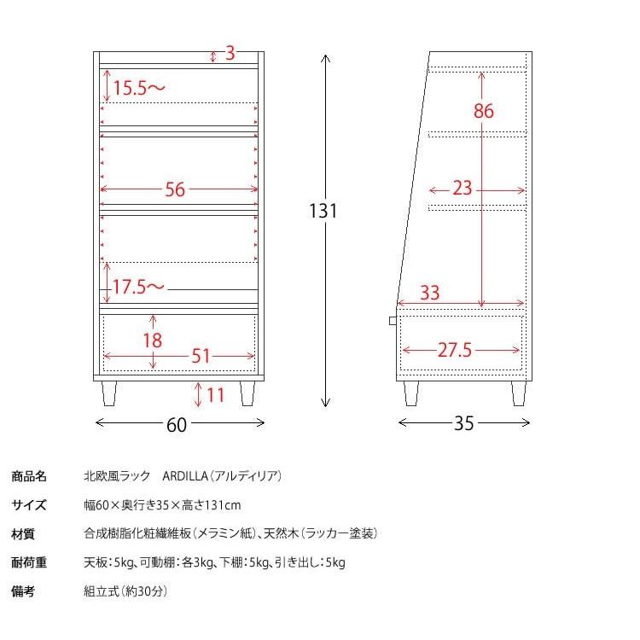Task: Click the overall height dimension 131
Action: (x=323, y=211)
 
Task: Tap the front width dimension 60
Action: (x=177, y=424)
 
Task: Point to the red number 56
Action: (x=175, y=190)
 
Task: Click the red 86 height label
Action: (x=483, y=111)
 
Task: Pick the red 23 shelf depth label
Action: (x=463, y=189)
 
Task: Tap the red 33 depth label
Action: (x=430, y=293)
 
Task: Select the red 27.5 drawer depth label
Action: (x=455, y=351)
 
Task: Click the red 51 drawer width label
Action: (x=201, y=356)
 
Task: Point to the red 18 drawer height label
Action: (x=152, y=340)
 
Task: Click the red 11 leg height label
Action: (x=215, y=395)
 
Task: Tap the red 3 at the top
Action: (x=230, y=54)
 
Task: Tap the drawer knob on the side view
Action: (x=392, y=320)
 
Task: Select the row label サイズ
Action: (x=29, y=505)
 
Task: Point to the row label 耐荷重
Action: (x=29, y=562)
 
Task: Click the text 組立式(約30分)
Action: (x=125, y=591)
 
